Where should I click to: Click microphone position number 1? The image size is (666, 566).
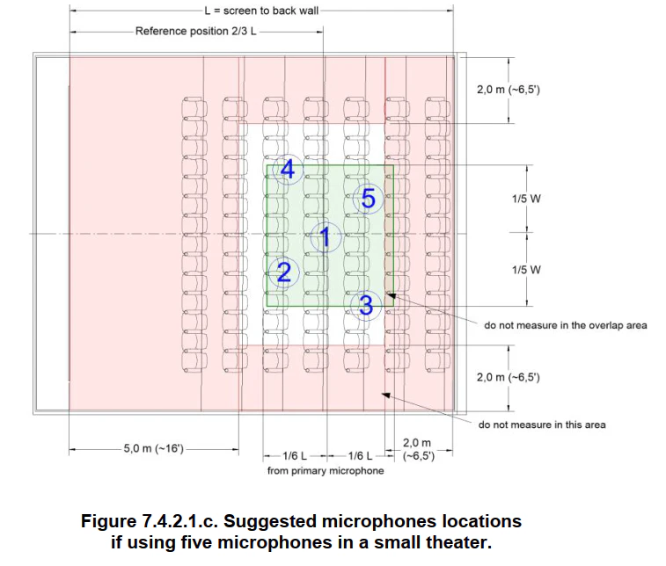[x=326, y=236]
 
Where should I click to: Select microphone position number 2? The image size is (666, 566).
[x=283, y=272]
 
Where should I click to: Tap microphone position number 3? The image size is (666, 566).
[x=366, y=305]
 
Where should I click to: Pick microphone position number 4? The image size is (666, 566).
[x=288, y=170]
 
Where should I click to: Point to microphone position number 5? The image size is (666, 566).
[x=369, y=198]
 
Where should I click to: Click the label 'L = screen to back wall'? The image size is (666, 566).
[x=261, y=11]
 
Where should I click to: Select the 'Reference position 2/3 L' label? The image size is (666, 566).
[x=196, y=31]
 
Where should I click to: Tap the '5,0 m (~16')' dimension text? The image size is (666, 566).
[x=153, y=448]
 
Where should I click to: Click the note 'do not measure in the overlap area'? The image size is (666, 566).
[x=566, y=325]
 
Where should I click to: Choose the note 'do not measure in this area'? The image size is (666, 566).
[x=542, y=424]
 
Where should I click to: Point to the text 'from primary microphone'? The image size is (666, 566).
[x=326, y=470]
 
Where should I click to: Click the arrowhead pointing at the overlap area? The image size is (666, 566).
[x=391, y=295]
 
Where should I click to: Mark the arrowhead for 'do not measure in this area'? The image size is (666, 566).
[x=385, y=395]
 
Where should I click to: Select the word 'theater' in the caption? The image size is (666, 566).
[x=458, y=542]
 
